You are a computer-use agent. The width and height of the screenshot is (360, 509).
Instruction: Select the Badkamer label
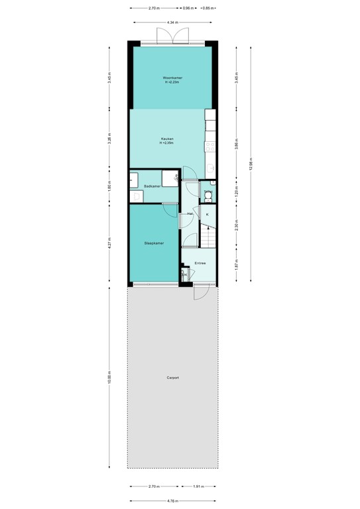pos(152,186)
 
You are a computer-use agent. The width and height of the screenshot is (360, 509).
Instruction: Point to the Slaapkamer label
pos(154,243)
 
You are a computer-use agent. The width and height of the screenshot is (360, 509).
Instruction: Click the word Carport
pos(172,378)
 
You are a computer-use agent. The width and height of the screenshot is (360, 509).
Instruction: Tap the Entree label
pos(200,263)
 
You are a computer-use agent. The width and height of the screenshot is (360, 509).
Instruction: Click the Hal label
pos(190,214)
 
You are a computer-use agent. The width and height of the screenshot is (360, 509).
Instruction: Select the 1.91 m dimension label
pos(198,486)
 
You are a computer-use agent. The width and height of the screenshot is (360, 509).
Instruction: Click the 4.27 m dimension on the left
pos(110,243)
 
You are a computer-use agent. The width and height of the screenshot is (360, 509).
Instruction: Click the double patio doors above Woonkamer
pos(172,36)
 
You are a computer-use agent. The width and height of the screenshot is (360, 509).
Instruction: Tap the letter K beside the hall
pos(208,215)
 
